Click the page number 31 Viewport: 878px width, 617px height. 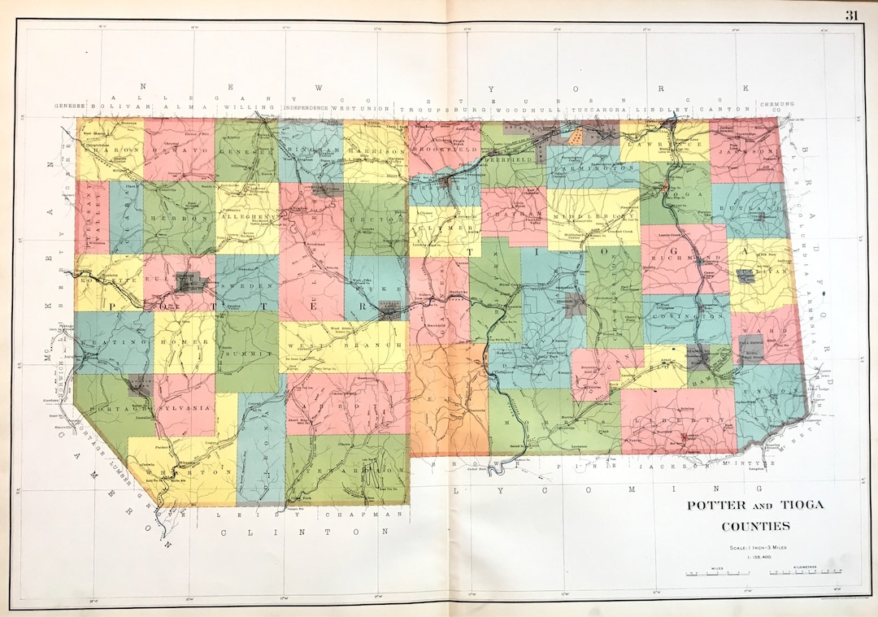[x=851, y=15]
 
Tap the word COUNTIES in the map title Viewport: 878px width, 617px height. [x=755, y=526]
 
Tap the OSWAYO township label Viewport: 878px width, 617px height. [x=179, y=150]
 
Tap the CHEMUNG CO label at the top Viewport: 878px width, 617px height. [x=776, y=106]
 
